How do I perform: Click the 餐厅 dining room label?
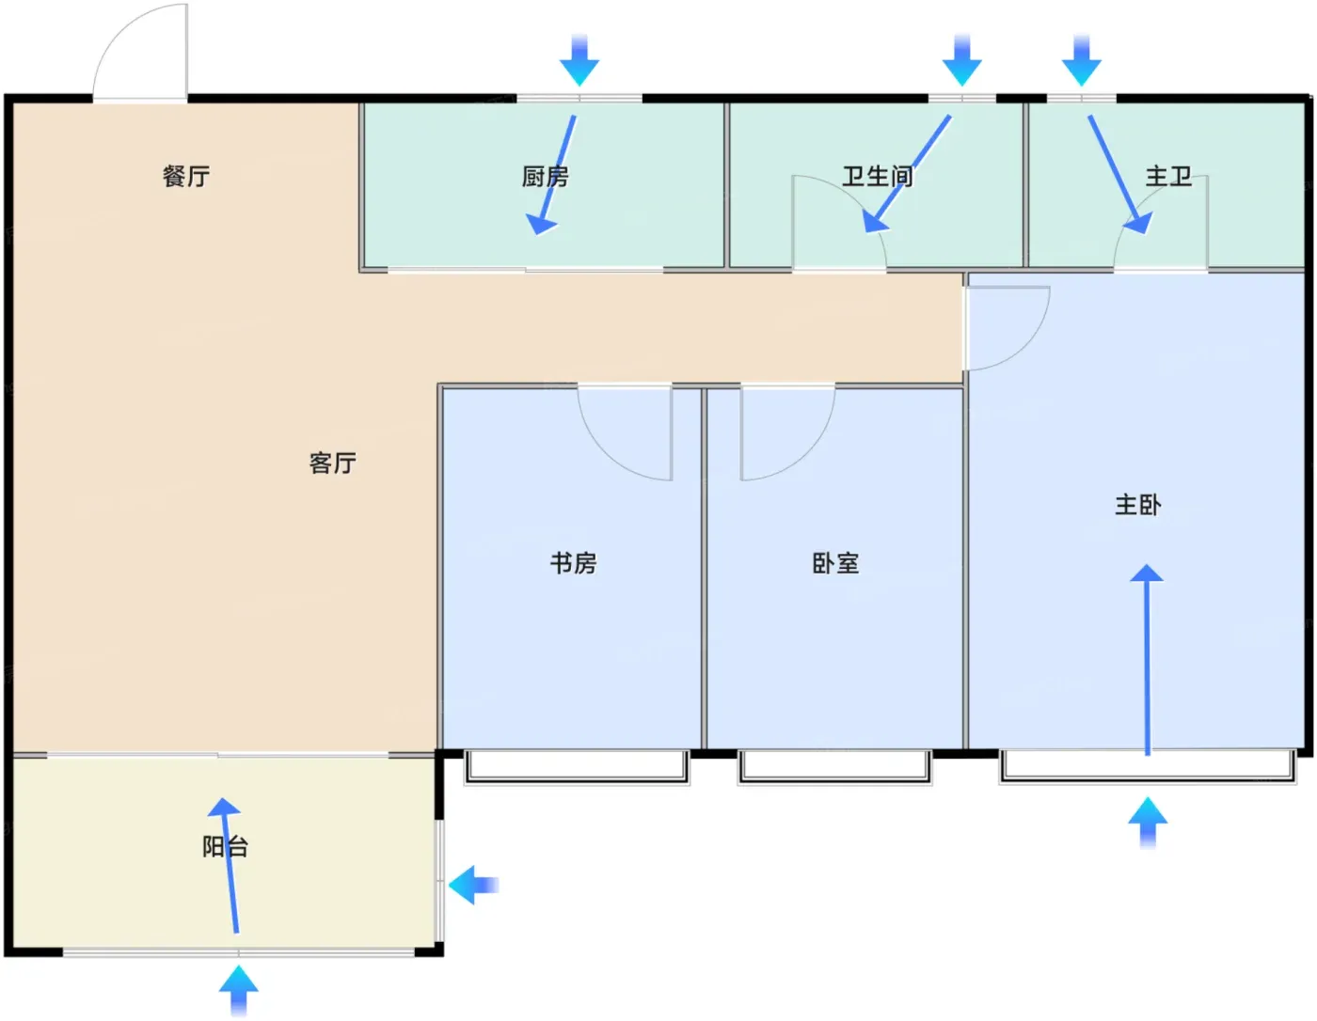(186, 176)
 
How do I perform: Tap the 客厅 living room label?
(333, 463)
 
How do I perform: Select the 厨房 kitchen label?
(546, 176)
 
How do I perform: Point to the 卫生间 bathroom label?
(878, 176)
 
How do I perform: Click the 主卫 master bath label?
(1168, 176)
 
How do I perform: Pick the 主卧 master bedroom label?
(1138, 505)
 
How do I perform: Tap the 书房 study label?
(573, 563)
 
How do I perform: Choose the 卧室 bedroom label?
(835, 563)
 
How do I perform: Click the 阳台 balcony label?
(226, 846)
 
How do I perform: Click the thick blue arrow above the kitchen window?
(579, 60)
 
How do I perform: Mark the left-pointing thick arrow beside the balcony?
(473, 886)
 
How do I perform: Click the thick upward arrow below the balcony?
(239, 990)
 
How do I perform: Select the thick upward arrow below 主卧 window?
(1148, 823)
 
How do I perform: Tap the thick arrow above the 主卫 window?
(1081, 60)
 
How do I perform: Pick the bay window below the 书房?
(577, 768)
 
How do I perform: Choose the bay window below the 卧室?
(834, 768)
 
